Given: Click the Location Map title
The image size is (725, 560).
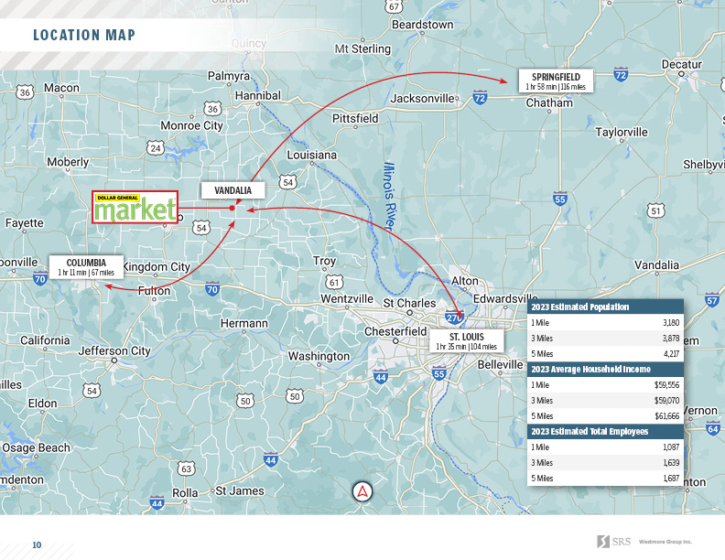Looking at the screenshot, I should pyautogui.click(x=84, y=36).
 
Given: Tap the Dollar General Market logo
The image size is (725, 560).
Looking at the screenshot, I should pyautogui.click(x=135, y=208).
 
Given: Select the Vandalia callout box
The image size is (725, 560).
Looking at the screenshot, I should pyautogui.click(x=233, y=190).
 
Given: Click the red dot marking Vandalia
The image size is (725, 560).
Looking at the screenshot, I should pyautogui.click(x=233, y=209).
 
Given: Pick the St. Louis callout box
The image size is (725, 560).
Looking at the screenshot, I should pyautogui.click(x=466, y=341).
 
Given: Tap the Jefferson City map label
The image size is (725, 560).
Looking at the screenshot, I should pyautogui.click(x=114, y=350).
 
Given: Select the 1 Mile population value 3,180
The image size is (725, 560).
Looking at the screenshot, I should pyautogui.click(x=670, y=323).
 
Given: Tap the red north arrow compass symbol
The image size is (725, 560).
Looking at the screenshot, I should pyautogui.click(x=362, y=491).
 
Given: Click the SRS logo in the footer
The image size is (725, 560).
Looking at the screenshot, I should pyautogui.click(x=611, y=541).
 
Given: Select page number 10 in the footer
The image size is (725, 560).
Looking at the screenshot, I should pyautogui.click(x=38, y=544).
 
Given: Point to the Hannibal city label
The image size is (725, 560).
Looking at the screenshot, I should pyautogui.click(x=258, y=95).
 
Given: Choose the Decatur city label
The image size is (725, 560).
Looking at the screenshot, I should pyautogui.click(x=681, y=64).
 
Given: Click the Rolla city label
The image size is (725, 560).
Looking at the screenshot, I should pyautogui.click(x=185, y=492).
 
